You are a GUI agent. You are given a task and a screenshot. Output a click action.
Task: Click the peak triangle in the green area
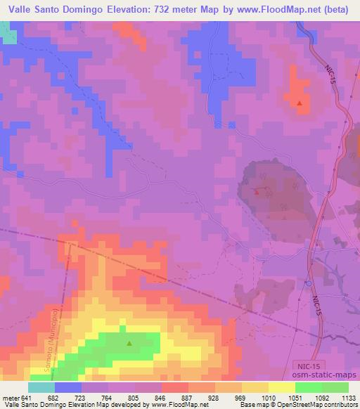pyautogui.click(x=129, y=344)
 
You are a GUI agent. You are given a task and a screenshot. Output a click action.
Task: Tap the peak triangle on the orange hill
pyautogui.click(x=300, y=103)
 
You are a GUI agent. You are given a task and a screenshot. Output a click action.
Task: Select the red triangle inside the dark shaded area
pyautogui.click(x=257, y=191)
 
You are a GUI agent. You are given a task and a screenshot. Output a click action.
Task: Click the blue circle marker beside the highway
pyautogui.click(x=308, y=283)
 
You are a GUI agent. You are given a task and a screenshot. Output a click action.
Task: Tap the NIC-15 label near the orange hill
pyautogui.click(x=332, y=72)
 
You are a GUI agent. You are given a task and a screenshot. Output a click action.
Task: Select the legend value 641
pyautogui.click(x=27, y=397)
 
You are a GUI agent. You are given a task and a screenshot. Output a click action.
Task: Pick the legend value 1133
pyautogui.click(x=349, y=397)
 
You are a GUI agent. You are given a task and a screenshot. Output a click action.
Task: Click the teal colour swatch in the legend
pyautogui.click(x=41, y=387)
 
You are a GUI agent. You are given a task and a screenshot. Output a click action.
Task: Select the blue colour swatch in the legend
pyautogui.click(x=68, y=387)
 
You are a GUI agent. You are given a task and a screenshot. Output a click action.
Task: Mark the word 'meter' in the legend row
pyautogui.click(x=9, y=397)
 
